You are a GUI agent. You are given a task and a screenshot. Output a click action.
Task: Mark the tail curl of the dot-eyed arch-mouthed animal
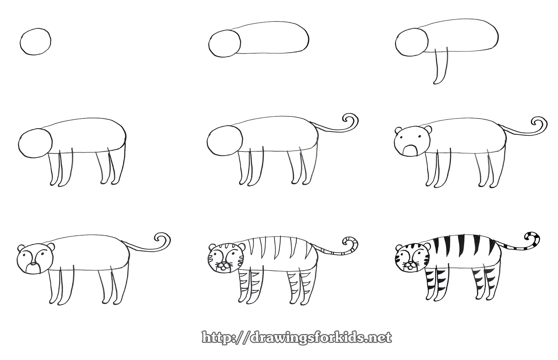539,123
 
